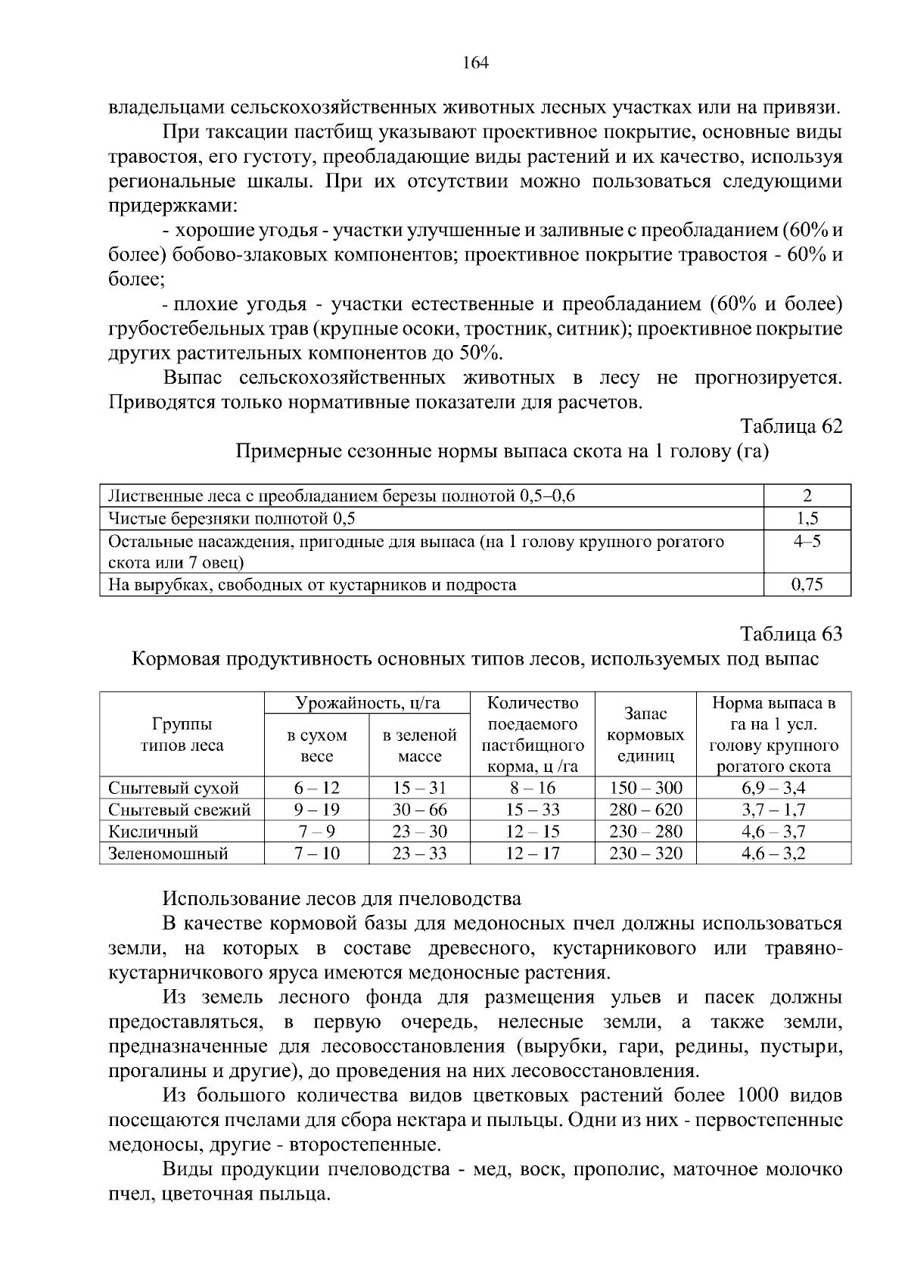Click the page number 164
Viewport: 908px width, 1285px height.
click(x=475, y=63)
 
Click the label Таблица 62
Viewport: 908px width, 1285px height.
click(x=791, y=426)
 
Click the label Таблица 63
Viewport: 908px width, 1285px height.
click(x=791, y=633)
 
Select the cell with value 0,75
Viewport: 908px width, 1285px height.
click(x=807, y=584)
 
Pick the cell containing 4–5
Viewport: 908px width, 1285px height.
click(x=807, y=542)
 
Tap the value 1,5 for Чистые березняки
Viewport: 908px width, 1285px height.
click(x=807, y=518)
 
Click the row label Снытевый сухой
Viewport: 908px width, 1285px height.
click(x=173, y=788)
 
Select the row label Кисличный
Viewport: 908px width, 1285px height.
click(x=154, y=832)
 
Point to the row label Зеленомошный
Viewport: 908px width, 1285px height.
click(x=168, y=854)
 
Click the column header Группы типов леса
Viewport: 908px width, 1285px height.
click(x=182, y=734)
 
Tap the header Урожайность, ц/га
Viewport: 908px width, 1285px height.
click(x=367, y=703)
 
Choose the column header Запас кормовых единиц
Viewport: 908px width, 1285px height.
click(x=645, y=734)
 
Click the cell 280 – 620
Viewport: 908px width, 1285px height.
click(x=645, y=810)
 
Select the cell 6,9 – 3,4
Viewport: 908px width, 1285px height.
click(x=773, y=788)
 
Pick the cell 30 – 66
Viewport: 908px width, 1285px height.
click(x=419, y=810)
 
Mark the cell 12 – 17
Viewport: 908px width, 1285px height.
click(x=533, y=854)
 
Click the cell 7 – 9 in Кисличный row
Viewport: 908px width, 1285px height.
click(x=316, y=832)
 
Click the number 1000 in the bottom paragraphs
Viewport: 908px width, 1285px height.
click(x=757, y=1096)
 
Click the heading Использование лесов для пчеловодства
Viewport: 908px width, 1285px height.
click(x=342, y=898)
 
